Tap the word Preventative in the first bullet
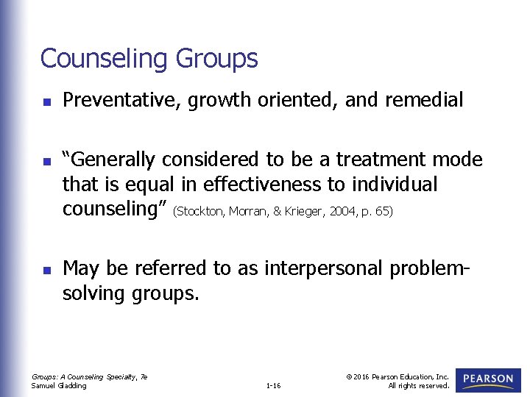click(x=122, y=100)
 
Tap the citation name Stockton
click(x=201, y=212)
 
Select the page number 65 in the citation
click(x=383, y=212)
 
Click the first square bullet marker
click(x=45, y=101)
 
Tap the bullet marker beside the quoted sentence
click(x=45, y=160)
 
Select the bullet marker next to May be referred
click(x=45, y=269)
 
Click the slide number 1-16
click(x=273, y=385)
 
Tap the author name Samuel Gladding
click(x=59, y=385)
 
